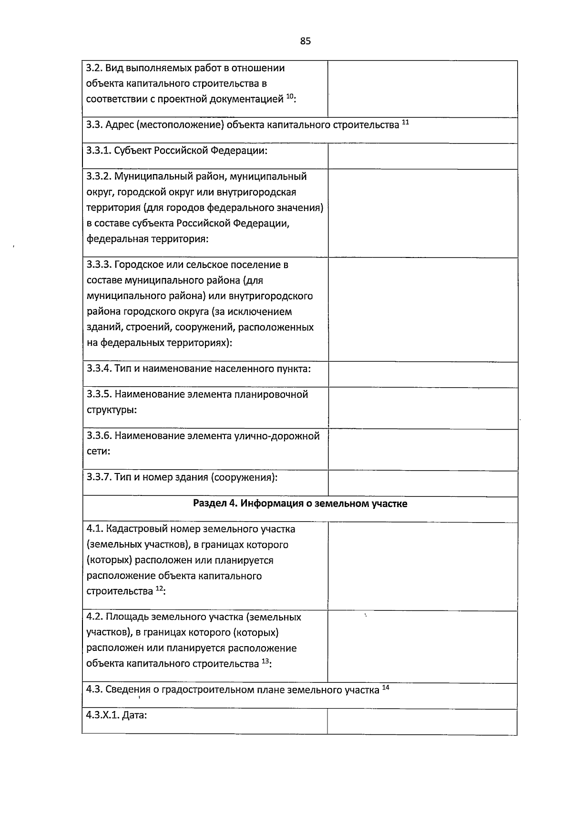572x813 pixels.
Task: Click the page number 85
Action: pos(306,41)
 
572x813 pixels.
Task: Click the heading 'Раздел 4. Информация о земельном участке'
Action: pos(300,504)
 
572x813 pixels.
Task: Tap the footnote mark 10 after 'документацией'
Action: pos(290,97)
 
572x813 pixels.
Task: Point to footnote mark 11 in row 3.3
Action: pos(405,123)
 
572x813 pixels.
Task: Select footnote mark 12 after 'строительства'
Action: pos(160,589)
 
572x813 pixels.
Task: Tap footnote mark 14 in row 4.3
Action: pos(386,688)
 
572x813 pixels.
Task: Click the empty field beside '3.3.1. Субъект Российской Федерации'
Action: pos(422,156)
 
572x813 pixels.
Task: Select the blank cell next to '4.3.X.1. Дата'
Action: pos(422,721)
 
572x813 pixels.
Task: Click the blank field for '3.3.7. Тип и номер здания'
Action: pos(422,484)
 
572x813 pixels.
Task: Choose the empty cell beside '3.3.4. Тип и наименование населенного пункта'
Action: pos(422,374)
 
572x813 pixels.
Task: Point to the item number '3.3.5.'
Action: pos(99,394)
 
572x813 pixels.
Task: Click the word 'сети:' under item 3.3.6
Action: pos(99,451)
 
